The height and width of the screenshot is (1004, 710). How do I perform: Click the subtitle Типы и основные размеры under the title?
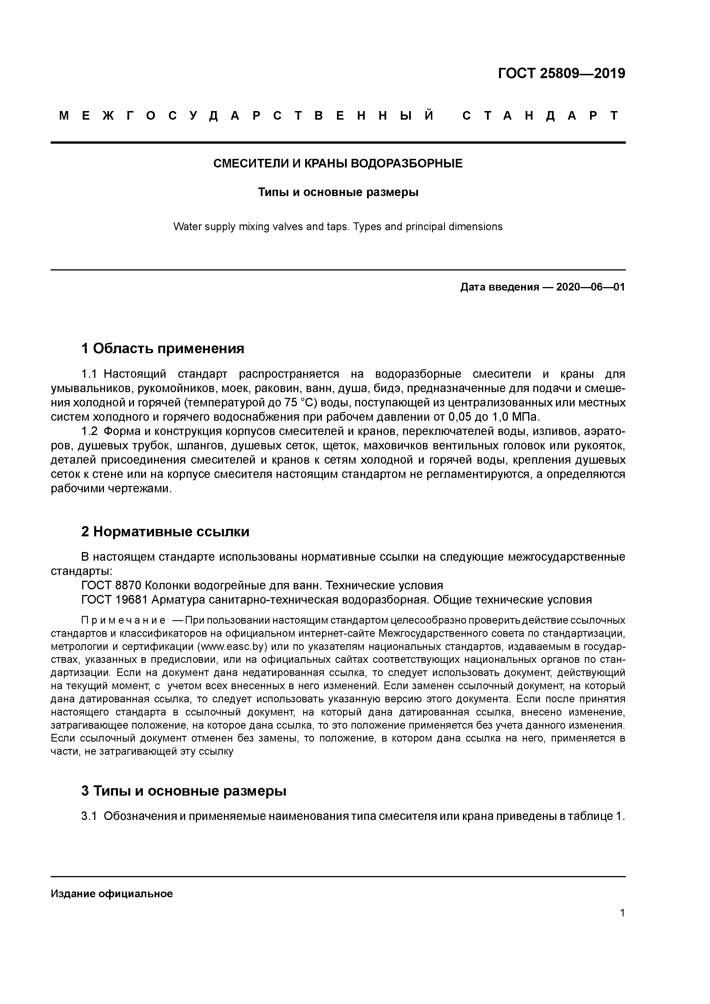click(338, 192)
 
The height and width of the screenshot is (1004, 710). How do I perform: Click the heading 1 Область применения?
click(162, 349)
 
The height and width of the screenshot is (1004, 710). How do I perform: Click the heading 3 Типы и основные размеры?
click(184, 791)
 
